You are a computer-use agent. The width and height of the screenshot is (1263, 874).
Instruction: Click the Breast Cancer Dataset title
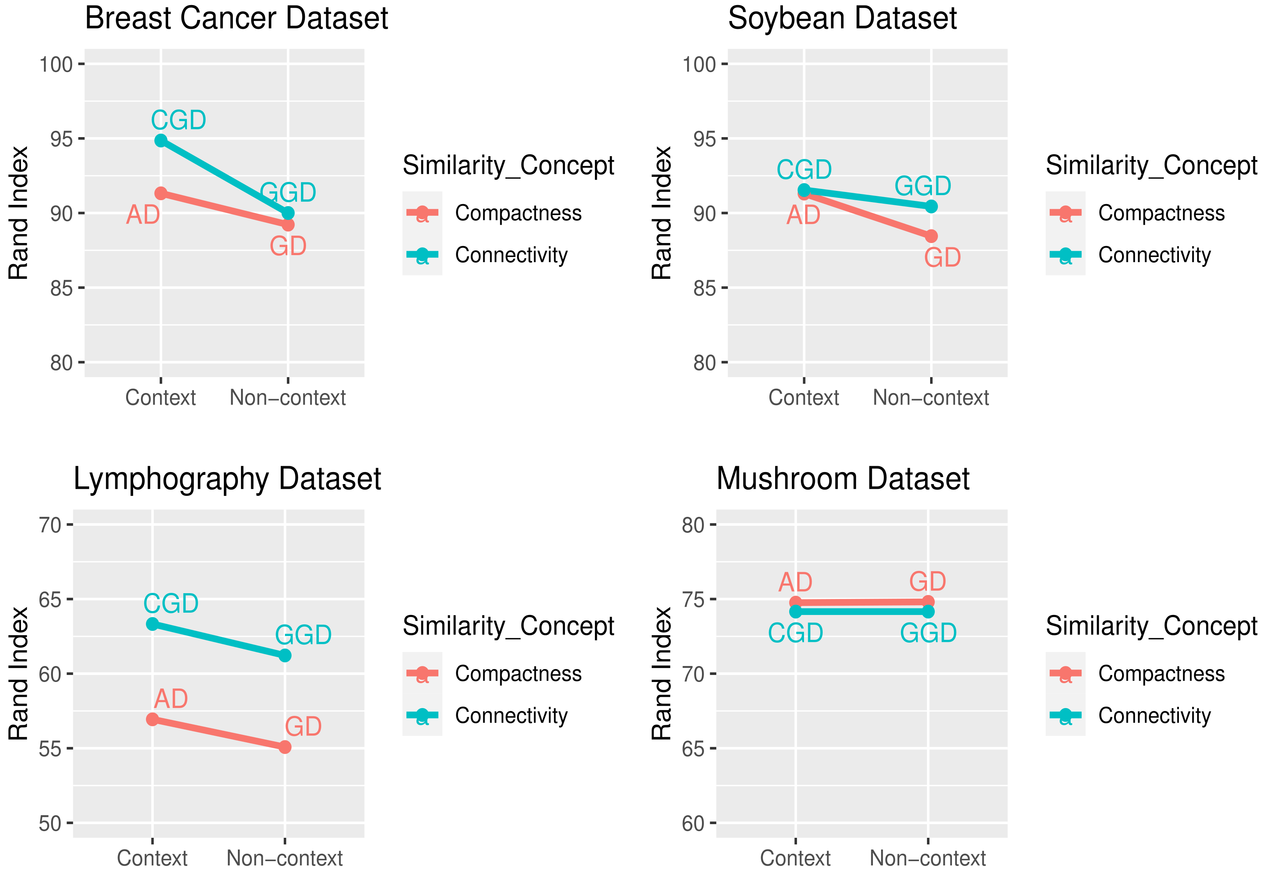236,18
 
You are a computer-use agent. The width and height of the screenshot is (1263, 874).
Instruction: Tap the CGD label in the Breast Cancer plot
178,120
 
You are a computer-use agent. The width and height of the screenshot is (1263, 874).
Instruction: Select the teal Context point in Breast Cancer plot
160,141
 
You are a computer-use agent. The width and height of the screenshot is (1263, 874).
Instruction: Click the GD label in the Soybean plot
942,257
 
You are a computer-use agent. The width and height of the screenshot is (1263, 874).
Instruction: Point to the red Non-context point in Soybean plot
931,236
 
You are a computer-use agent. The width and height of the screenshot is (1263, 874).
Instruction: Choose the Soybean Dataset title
842,18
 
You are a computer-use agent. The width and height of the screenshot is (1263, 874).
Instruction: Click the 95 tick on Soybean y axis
704,139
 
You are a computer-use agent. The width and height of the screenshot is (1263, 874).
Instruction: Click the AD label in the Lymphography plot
171,699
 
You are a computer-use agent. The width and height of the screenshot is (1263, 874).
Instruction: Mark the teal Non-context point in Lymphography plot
285,655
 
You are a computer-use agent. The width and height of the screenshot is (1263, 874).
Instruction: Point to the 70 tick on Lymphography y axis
50,525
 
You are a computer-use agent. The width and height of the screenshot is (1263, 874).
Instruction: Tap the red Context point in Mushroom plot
795,603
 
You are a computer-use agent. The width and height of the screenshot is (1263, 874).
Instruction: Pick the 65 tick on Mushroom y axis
693,749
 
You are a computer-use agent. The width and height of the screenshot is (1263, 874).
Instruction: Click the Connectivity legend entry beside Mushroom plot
1154,716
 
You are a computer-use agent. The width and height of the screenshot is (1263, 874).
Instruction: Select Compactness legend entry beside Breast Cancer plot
518,213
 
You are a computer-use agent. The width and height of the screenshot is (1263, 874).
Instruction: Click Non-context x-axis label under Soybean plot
930,398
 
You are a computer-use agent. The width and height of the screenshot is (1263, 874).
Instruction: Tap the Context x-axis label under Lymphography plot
152,858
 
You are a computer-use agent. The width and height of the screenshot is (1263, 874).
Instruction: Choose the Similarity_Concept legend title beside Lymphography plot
508,626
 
